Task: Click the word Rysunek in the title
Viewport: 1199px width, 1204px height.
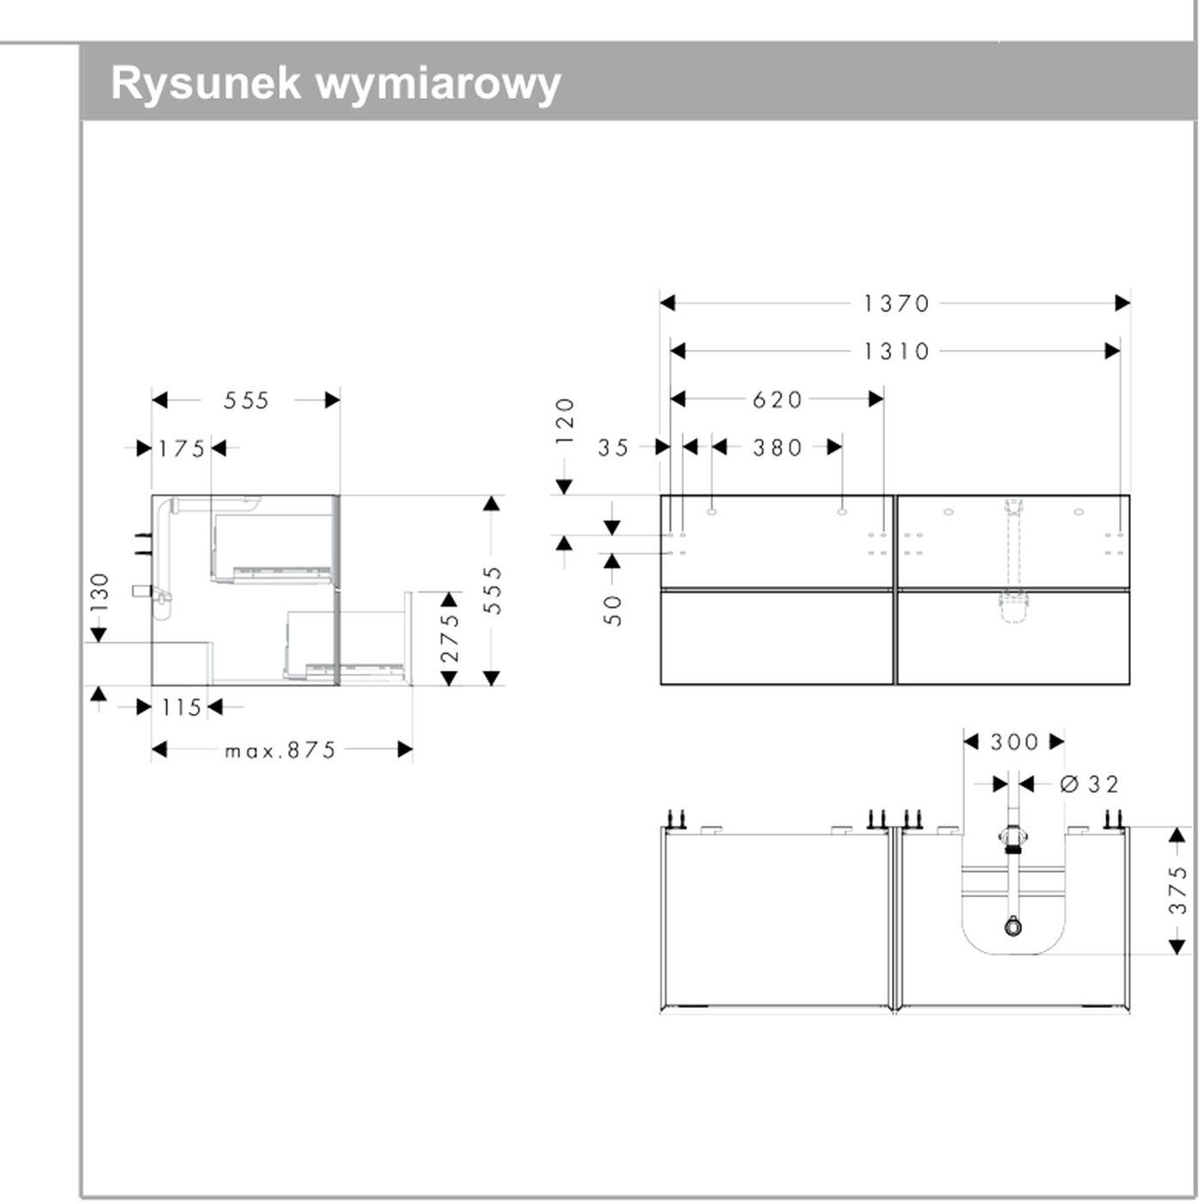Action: (206, 84)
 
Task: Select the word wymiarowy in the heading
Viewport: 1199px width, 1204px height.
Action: (439, 84)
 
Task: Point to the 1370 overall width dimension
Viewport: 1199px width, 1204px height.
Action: (896, 303)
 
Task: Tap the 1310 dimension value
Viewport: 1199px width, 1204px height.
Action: (896, 351)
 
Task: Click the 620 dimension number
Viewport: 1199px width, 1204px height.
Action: (778, 399)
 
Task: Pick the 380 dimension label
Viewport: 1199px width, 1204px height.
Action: (778, 447)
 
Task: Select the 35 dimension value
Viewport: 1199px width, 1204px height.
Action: (614, 447)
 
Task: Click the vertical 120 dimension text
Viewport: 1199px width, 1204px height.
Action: (564, 421)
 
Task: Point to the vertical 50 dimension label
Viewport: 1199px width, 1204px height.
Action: (612, 609)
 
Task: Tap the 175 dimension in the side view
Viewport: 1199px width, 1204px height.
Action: (182, 448)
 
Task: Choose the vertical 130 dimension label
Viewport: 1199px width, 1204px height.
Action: (100, 593)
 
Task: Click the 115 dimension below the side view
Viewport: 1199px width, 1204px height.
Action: (182, 708)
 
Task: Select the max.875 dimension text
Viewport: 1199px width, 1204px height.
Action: (280, 751)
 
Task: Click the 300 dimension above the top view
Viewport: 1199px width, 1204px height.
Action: (1014, 741)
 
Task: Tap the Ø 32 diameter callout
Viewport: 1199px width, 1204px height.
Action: (1090, 784)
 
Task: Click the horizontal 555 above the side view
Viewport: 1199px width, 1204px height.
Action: (247, 400)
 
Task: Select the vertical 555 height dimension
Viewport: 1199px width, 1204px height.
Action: (492, 590)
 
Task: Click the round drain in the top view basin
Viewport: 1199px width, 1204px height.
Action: (1013, 927)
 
